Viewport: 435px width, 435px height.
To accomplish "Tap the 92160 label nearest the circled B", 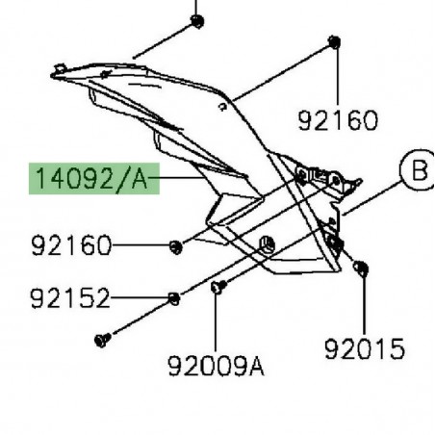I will click(x=338, y=120).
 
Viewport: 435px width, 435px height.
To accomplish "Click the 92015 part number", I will click(x=366, y=348).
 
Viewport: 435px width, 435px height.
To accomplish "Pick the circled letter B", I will click(x=417, y=199).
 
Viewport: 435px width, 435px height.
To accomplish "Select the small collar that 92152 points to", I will click(x=172, y=297).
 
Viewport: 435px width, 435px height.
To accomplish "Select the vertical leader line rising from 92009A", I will click(x=216, y=322).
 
